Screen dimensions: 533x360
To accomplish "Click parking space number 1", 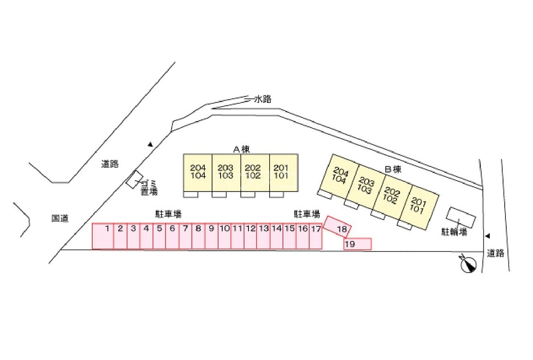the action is (x=103, y=236).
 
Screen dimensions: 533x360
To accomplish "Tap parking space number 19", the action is (x=357, y=244).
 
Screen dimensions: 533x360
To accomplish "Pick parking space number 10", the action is (x=224, y=236).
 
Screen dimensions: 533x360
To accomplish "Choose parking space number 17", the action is (x=316, y=236).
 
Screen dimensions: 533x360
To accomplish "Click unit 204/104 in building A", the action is (x=198, y=172).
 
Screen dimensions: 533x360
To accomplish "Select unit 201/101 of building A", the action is (x=284, y=172).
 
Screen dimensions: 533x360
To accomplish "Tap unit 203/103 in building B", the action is (x=366, y=185).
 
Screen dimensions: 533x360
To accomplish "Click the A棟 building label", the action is (x=241, y=149).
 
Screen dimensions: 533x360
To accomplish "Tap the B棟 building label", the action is (x=393, y=169).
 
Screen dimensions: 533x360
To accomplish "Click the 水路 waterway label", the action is (x=263, y=99).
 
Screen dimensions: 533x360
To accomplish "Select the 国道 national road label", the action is (x=60, y=218).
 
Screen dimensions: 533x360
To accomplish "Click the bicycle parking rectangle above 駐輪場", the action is (x=461, y=217).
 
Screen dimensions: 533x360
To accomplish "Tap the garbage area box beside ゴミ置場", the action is (x=135, y=179).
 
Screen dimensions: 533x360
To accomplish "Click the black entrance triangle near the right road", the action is (x=488, y=236).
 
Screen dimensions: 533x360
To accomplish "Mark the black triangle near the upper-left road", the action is (x=150, y=145).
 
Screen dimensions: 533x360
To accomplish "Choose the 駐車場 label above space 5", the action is (x=168, y=214).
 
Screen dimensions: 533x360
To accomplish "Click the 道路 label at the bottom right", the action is (x=495, y=253).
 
